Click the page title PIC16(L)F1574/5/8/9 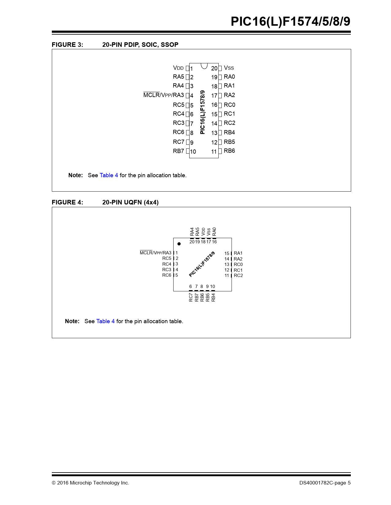click(x=290, y=21)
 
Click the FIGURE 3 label click(x=67, y=45)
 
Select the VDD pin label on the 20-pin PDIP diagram click(x=178, y=68)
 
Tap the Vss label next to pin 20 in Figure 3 click(x=229, y=68)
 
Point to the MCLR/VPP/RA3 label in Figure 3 click(x=163, y=95)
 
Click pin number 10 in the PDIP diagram click(x=193, y=151)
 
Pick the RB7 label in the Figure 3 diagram click(x=178, y=151)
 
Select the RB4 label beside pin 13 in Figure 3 click(x=229, y=133)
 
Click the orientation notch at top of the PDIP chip click(x=204, y=66)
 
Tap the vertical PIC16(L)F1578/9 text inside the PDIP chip click(x=202, y=112)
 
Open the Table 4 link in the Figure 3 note click(x=109, y=175)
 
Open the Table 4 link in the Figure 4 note click(x=105, y=321)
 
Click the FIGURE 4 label click(x=67, y=202)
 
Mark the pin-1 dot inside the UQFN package click(x=179, y=244)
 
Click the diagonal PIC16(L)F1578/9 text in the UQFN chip click(x=202, y=264)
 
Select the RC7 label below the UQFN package click(x=191, y=297)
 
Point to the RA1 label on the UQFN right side click(x=238, y=253)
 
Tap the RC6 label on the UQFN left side click(x=167, y=275)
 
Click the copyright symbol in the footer click(x=54, y=483)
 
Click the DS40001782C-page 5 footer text click(x=325, y=483)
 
